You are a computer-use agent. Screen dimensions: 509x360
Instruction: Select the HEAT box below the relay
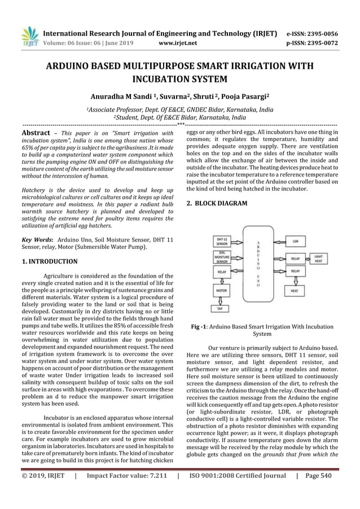click(295, 291)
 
